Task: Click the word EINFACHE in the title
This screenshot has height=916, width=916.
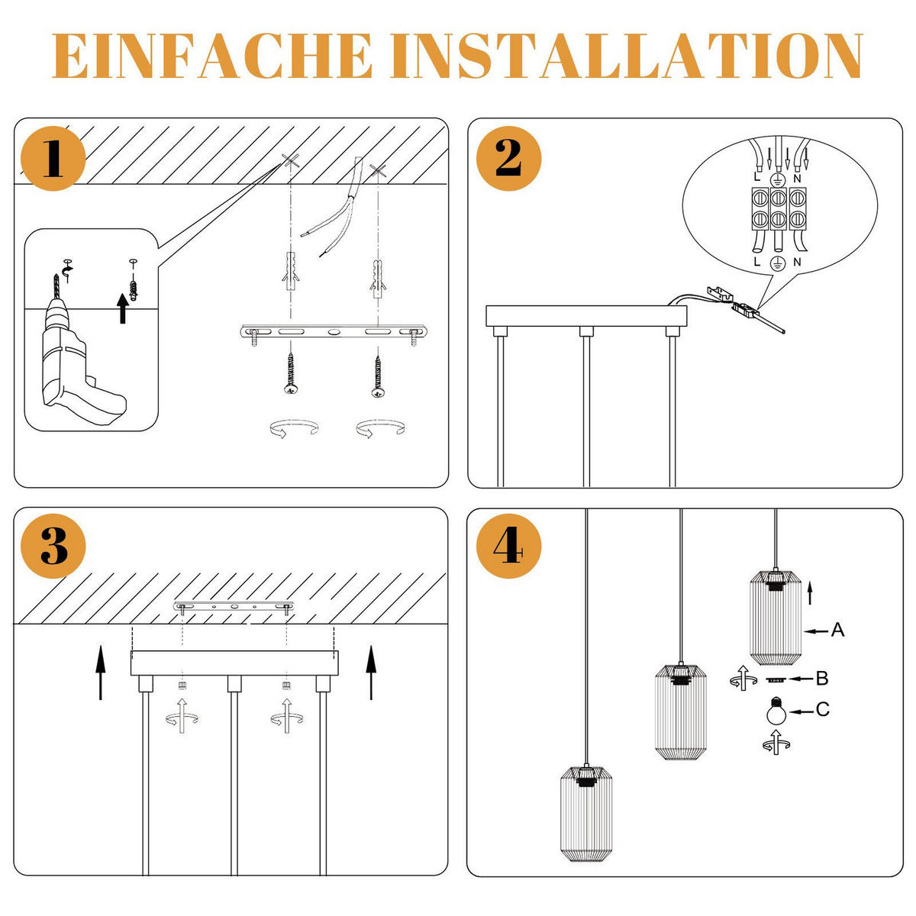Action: pyautogui.click(x=212, y=55)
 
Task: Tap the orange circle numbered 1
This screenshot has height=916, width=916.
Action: pyautogui.click(x=53, y=158)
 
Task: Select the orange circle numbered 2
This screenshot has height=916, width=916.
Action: pyautogui.click(x=508, y=158)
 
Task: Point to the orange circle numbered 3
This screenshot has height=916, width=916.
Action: pyautogui.click(x=53, y=546)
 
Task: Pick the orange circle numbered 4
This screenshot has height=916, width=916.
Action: pyautogui.click(x=508, y=546)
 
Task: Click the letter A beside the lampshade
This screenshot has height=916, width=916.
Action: pyautogui.click(x=837, y=629)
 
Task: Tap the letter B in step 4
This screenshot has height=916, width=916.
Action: pyautogui.click(x=822, y=679)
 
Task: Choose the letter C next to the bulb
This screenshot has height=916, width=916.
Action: pyautogui.click(x=823, y=709)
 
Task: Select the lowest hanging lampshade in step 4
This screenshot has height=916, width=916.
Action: pyautogui.click(x=587, y=819)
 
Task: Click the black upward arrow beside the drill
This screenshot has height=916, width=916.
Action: pyautogui.click(x=123, y=308)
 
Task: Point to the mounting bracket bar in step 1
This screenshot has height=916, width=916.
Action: pyautogui.click(x=334, y=331)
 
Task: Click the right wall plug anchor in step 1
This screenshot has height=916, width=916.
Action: pyautogui.click(x=378, y=278)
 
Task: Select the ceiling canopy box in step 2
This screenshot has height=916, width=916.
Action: pyautogui.click(x=586, y=315)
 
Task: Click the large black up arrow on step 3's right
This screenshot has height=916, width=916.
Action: pyautogui.click(x=371, y=672)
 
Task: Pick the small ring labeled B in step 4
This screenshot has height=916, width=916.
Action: pyautogui.click(x=776, y=680)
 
